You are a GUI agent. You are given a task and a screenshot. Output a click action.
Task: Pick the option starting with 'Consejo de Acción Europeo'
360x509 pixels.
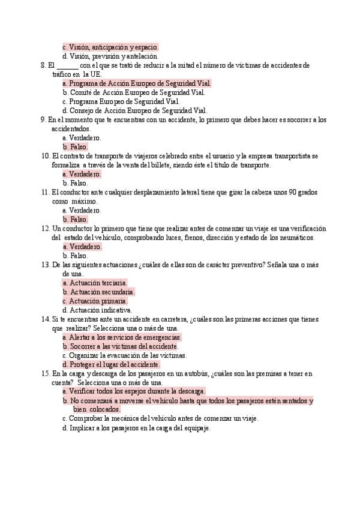[138, 110]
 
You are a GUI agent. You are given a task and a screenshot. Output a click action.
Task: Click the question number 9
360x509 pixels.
[43, 119]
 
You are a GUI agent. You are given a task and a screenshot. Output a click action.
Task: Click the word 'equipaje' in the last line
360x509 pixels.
[195, 429]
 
